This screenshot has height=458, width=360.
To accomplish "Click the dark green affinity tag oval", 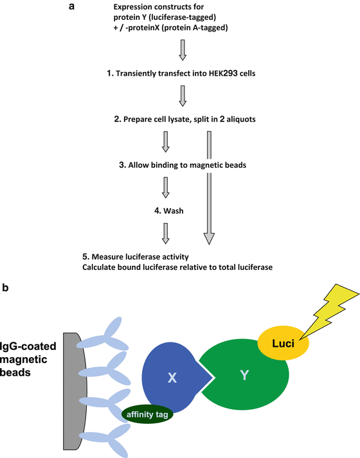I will [x=147, y=414].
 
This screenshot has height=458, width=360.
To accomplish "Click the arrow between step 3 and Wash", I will [x=166, y=188].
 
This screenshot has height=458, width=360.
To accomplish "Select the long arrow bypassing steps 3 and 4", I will [x=208, y=187].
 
